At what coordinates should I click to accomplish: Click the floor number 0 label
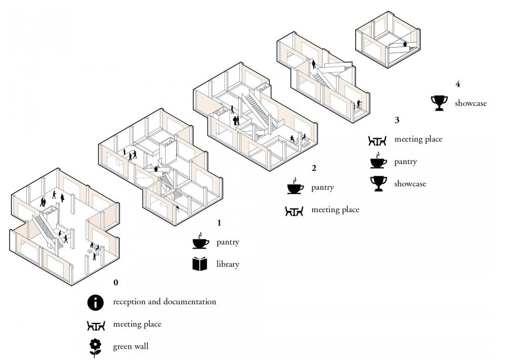point(116,283)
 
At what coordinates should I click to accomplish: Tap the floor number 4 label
point(457,84)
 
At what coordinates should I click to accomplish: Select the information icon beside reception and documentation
point(96,302)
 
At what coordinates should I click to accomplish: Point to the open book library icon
point(200,264)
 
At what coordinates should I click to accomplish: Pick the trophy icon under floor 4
point(439,103)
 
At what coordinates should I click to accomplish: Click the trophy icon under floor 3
point(378,184)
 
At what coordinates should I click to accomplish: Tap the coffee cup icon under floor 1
point(201,241)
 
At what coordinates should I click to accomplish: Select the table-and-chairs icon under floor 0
point(96,326)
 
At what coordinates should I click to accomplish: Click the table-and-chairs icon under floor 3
point(377,141)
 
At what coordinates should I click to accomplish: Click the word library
point(228,264)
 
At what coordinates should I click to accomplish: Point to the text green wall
point(131,347)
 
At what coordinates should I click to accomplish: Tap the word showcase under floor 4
point(471,103)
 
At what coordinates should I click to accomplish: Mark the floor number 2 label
point(314,168)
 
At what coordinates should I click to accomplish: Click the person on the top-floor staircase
point(405,44)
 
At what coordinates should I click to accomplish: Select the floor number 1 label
point(220,223)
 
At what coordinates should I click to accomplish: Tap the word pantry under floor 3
point(405,162)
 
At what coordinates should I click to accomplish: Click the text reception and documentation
point(164,302)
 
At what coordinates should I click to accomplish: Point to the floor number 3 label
point(397,120)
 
